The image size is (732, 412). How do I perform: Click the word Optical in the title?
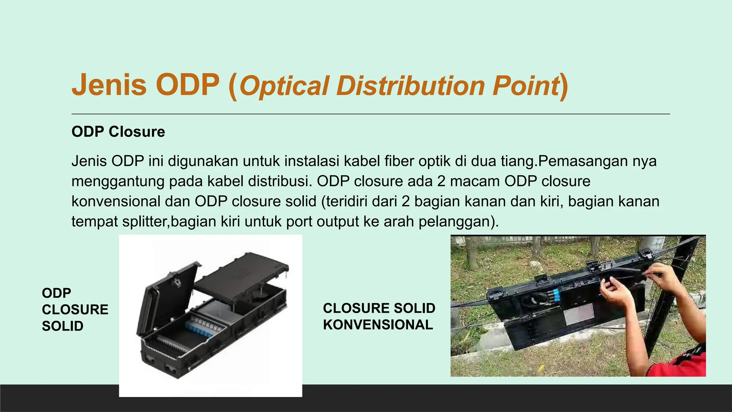coord(284,87)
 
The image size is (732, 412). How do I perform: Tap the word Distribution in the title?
coord(410,86)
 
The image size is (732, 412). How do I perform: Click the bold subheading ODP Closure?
coord(118,132)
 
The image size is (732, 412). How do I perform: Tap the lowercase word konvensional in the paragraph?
coord(116,201)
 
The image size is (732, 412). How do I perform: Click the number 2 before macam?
coord(441,181)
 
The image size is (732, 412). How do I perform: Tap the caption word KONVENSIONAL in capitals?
coord(378,325)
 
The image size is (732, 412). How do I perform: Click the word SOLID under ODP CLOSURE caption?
coord(63,326)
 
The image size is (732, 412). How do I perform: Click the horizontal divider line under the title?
coord(370,114)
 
